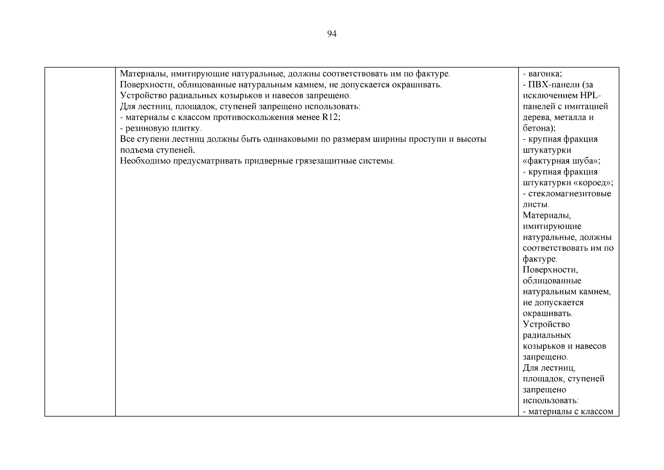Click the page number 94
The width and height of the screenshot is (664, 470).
pyautogui.click(x=331, y=34)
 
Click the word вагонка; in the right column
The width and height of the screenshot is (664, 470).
pyautogui.click(x=545, y=74)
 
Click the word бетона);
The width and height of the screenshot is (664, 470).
pyautogui.click(x=539, y=128)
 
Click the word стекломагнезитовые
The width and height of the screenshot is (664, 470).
pyautogui.click(x=569, y=193)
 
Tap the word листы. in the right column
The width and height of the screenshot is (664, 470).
pyautogui.click(x=536, y=204)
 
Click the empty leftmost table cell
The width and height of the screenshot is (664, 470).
pyautogui.click(x=80, y=241)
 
